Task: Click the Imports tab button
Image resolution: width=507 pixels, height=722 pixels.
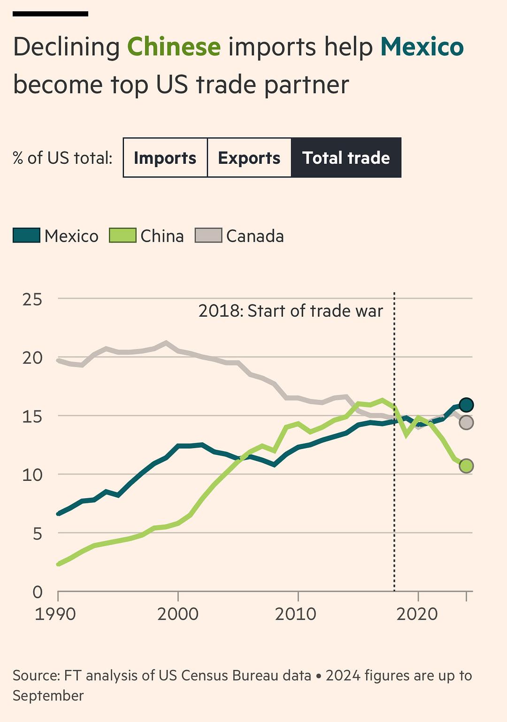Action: click(x=165, y=158)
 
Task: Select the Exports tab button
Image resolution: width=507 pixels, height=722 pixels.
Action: click(x=249, y=158)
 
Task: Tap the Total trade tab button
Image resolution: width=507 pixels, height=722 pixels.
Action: click(x=346, y=158)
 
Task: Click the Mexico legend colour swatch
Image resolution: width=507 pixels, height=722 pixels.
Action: click(x=26, y=236)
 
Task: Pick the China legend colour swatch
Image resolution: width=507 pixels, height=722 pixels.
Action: click(x=122, y=236)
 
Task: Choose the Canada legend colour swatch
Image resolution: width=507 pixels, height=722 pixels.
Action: click(x=208, y=236)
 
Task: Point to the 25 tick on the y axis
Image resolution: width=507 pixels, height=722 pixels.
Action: click(x=32, y=299)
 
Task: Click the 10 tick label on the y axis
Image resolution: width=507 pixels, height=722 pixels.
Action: click(x=32, y=475)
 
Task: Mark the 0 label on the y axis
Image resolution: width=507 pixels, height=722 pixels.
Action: click(x=38, y=592)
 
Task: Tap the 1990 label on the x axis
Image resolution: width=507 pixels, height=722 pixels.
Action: click(x=55, y=614)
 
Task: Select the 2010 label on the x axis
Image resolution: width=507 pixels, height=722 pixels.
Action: click(x=296, y=614)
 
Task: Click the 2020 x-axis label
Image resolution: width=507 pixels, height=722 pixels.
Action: click(x=417, y=614)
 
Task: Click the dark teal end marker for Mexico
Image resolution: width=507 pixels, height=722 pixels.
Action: click(x=466, y=404)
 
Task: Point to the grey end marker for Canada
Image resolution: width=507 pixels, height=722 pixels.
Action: click(x=466, y=422)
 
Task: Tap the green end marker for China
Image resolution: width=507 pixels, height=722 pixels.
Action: click(x=466, y=466)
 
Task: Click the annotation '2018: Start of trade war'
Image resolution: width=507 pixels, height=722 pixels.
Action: click(x=291, y=311)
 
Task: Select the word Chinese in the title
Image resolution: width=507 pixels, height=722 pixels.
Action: click(x=174, y=47)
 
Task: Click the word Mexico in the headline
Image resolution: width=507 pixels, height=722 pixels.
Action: click(x=422, y=47)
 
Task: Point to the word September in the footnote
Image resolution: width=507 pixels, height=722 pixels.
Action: click(x=48, y=695)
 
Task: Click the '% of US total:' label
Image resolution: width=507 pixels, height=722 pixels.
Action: click(x=62, y=158)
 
